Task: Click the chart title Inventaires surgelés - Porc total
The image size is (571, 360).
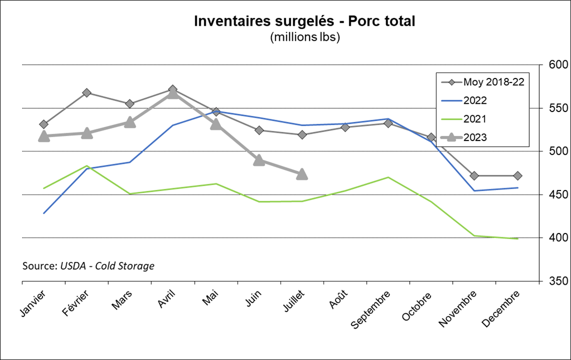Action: coord(304,22)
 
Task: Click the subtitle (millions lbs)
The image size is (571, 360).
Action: coord(304,38)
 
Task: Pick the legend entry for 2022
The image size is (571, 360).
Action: coord(475,100)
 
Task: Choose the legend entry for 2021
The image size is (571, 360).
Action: coord(475,119)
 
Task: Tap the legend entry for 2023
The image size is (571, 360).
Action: coord(475,137)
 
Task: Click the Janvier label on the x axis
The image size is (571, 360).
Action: coord(34,301)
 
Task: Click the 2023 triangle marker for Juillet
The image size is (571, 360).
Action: coord(302,174)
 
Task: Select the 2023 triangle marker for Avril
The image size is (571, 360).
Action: coord(173,93)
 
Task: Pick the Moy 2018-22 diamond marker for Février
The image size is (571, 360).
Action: coord(86,93)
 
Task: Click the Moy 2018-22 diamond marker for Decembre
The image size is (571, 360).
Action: coord(517,176)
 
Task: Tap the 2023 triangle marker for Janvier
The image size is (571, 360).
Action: coord(43,136)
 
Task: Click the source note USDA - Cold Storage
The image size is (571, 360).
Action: coord(88,266)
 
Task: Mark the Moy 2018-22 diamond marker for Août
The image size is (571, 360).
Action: coord(345,127)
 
